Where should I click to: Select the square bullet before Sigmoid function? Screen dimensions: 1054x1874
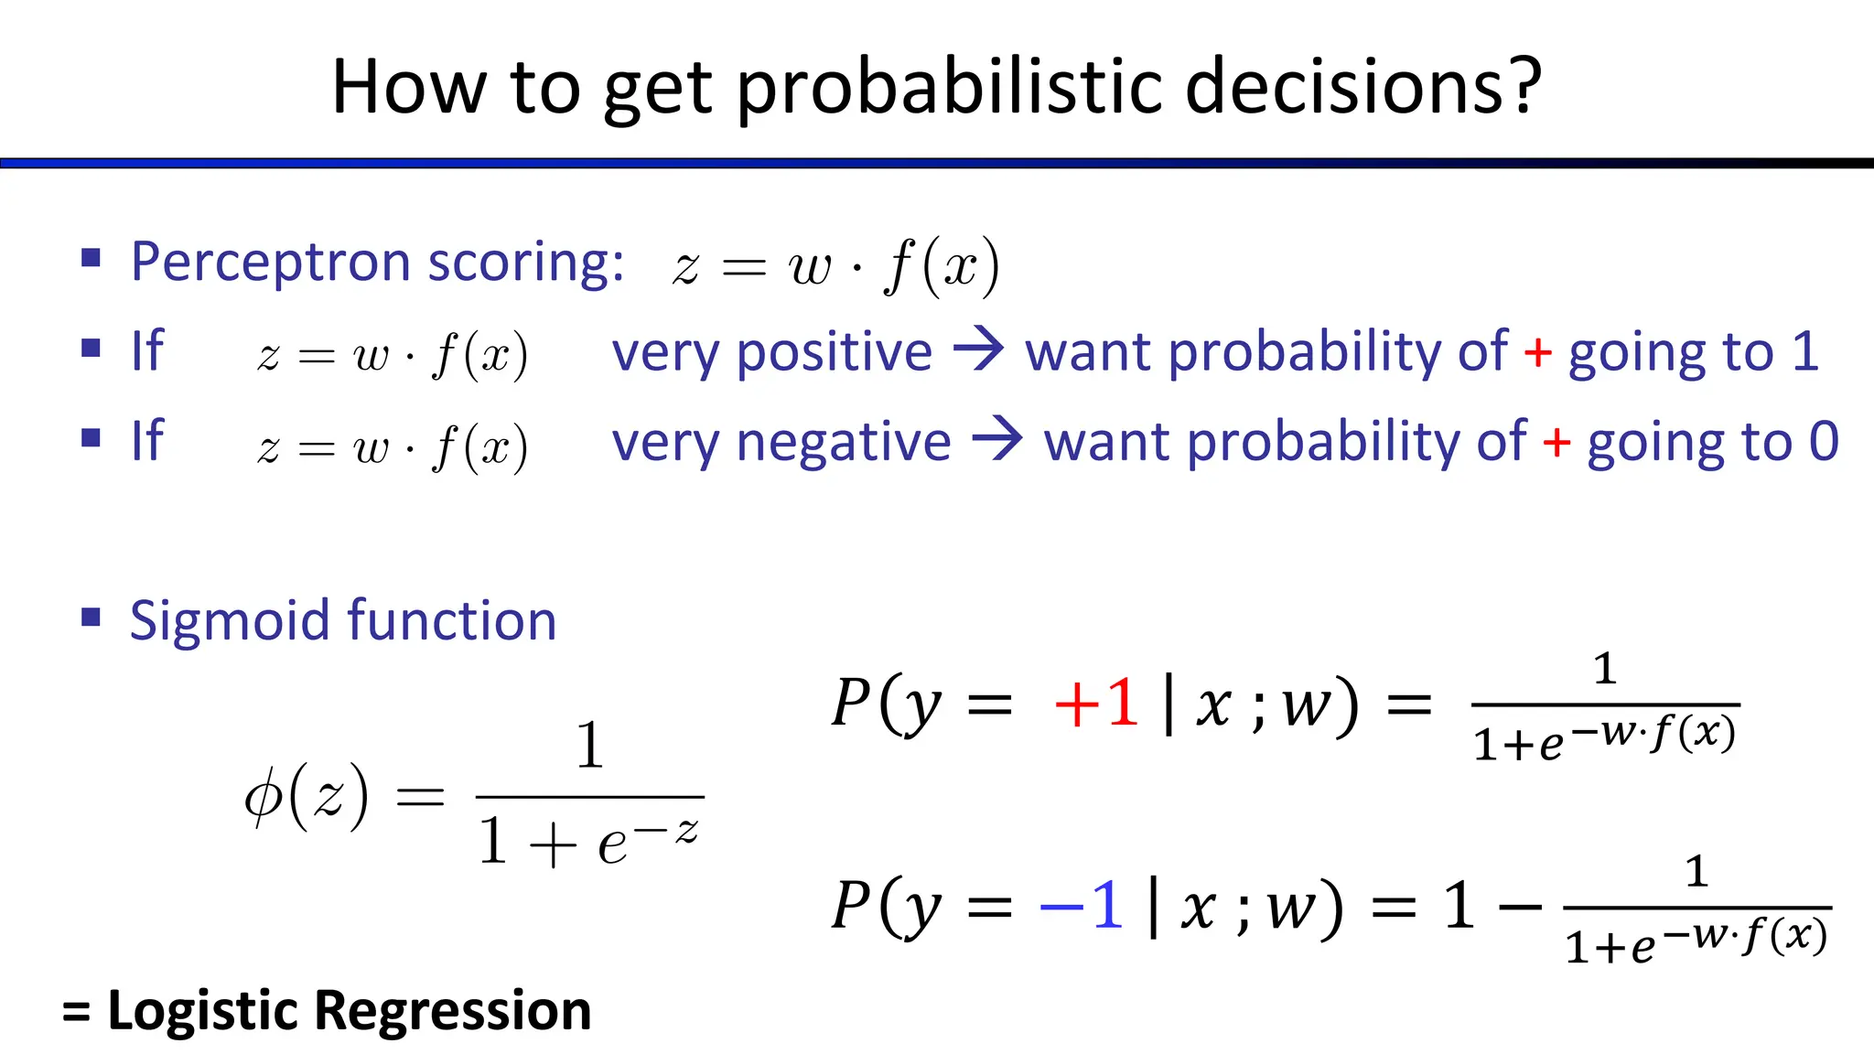91,617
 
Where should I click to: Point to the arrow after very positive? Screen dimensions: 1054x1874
978,350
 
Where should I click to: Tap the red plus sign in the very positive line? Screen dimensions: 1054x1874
1537,352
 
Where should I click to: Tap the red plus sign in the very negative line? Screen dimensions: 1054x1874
1556,443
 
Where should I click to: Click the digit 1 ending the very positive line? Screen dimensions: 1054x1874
1804,351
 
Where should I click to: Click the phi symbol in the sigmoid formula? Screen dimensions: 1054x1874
263,796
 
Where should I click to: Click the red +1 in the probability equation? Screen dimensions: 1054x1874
1095,704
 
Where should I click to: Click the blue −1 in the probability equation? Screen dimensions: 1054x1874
1081,907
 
